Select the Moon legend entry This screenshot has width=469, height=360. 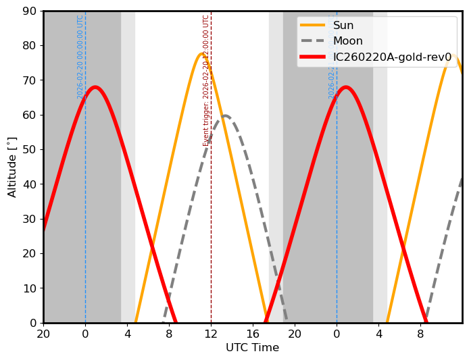pos(348,41)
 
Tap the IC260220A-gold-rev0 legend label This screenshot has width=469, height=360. pos(392,57)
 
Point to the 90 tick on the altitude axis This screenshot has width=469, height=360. pos(30,11)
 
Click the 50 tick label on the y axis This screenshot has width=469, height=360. pos(30,150)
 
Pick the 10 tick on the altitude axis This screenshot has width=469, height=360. pos(30,288)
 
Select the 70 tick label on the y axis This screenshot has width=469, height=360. pos(30,80)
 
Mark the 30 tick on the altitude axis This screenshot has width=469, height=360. pos(30,219)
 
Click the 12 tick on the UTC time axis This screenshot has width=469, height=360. pos(211,334)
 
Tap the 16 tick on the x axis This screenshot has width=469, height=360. pos(253,334)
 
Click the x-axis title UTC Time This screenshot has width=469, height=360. pos(252,348)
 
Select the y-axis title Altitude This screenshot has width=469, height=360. pos(12,167)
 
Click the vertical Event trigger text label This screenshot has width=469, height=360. pos(206,80)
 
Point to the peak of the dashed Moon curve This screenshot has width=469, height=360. pos(226,115)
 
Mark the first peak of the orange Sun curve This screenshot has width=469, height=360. pos(202,54)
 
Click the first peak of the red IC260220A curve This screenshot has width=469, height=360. pos(95,87)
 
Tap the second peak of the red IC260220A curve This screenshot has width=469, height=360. pos(346,87)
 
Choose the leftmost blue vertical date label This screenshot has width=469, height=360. pos(80,57)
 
